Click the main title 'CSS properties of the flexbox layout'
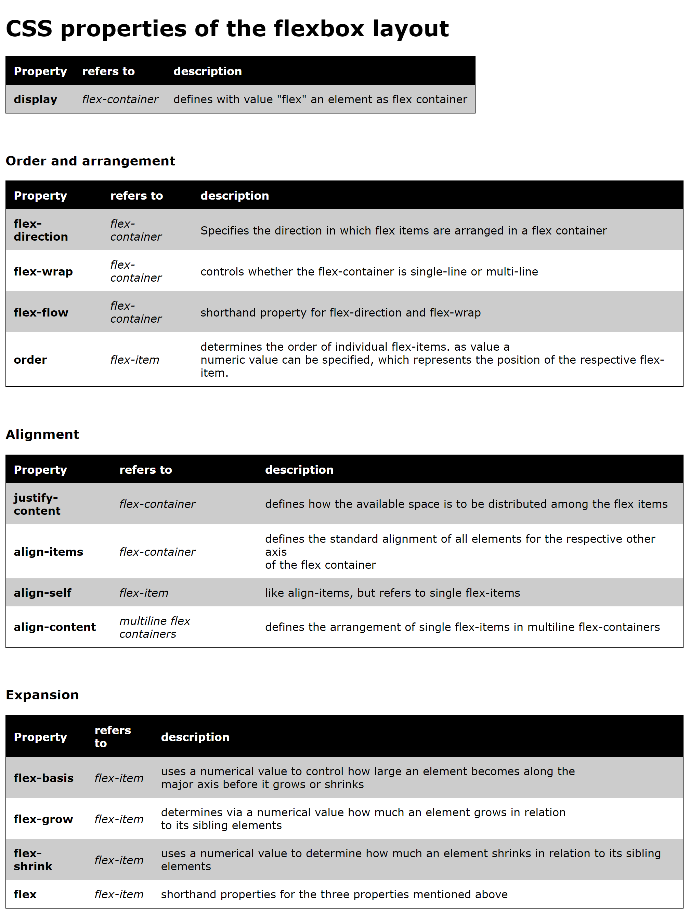click(x=227, y=29)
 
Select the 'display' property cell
click(x=36, y=99)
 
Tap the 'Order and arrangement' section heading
click(x=90, y=161)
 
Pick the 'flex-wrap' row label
click(x=43, y=271)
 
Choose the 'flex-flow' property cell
click(x=41, y=312)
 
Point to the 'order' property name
click(x=30, y=360)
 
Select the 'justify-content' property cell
click(x=37, y=504)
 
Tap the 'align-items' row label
click(x=48, y=552)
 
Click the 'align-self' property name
click(x=43, y=593)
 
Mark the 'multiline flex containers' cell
click(x=155, y=627)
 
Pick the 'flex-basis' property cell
click(x=43, y=778)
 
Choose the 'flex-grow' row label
click(x=43, y=819)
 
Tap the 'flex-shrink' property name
click(x=33, y=860)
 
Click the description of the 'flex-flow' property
click(x=340, y=312)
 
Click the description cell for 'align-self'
click(x=392, y=593)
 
